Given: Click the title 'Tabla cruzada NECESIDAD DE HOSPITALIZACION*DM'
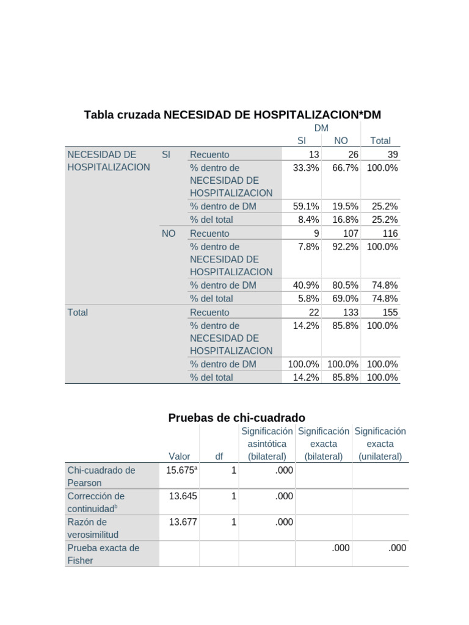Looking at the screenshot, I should pyautogui.click(x=232, y=115).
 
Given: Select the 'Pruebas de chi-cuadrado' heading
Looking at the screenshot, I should pyautogui.click(x=236, y=417).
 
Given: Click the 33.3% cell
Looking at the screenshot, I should pyautogui.click(x=306, y=168).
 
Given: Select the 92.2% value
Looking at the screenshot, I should pyautogui.click(x=345, y=247).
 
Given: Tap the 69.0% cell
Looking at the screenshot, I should pyautogui.click(x=345, y=298).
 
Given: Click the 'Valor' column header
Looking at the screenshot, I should pyautogui.click(x=180, y=456).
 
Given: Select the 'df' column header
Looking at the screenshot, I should pyautogui.click(x=219, y=456).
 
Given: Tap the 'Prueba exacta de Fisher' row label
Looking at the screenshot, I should pyautogui.click(x=103, y=554).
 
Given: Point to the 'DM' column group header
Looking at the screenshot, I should pyautogui.click(x=321, y=128).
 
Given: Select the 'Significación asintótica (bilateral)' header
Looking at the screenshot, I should pyautogui.click(x=267, y=444).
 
